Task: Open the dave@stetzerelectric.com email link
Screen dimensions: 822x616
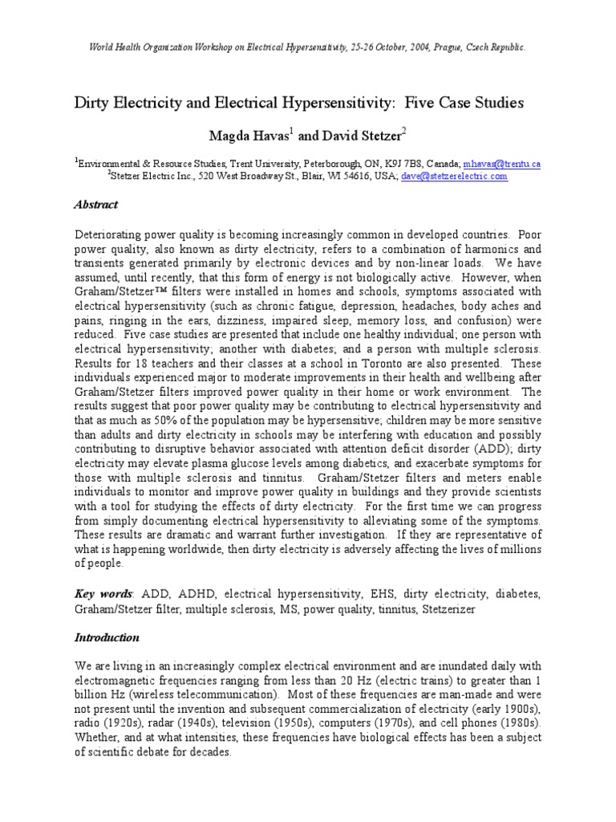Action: point(454,177)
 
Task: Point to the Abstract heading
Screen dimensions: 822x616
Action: point(96,205)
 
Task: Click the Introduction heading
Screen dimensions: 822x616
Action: point(107,637)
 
